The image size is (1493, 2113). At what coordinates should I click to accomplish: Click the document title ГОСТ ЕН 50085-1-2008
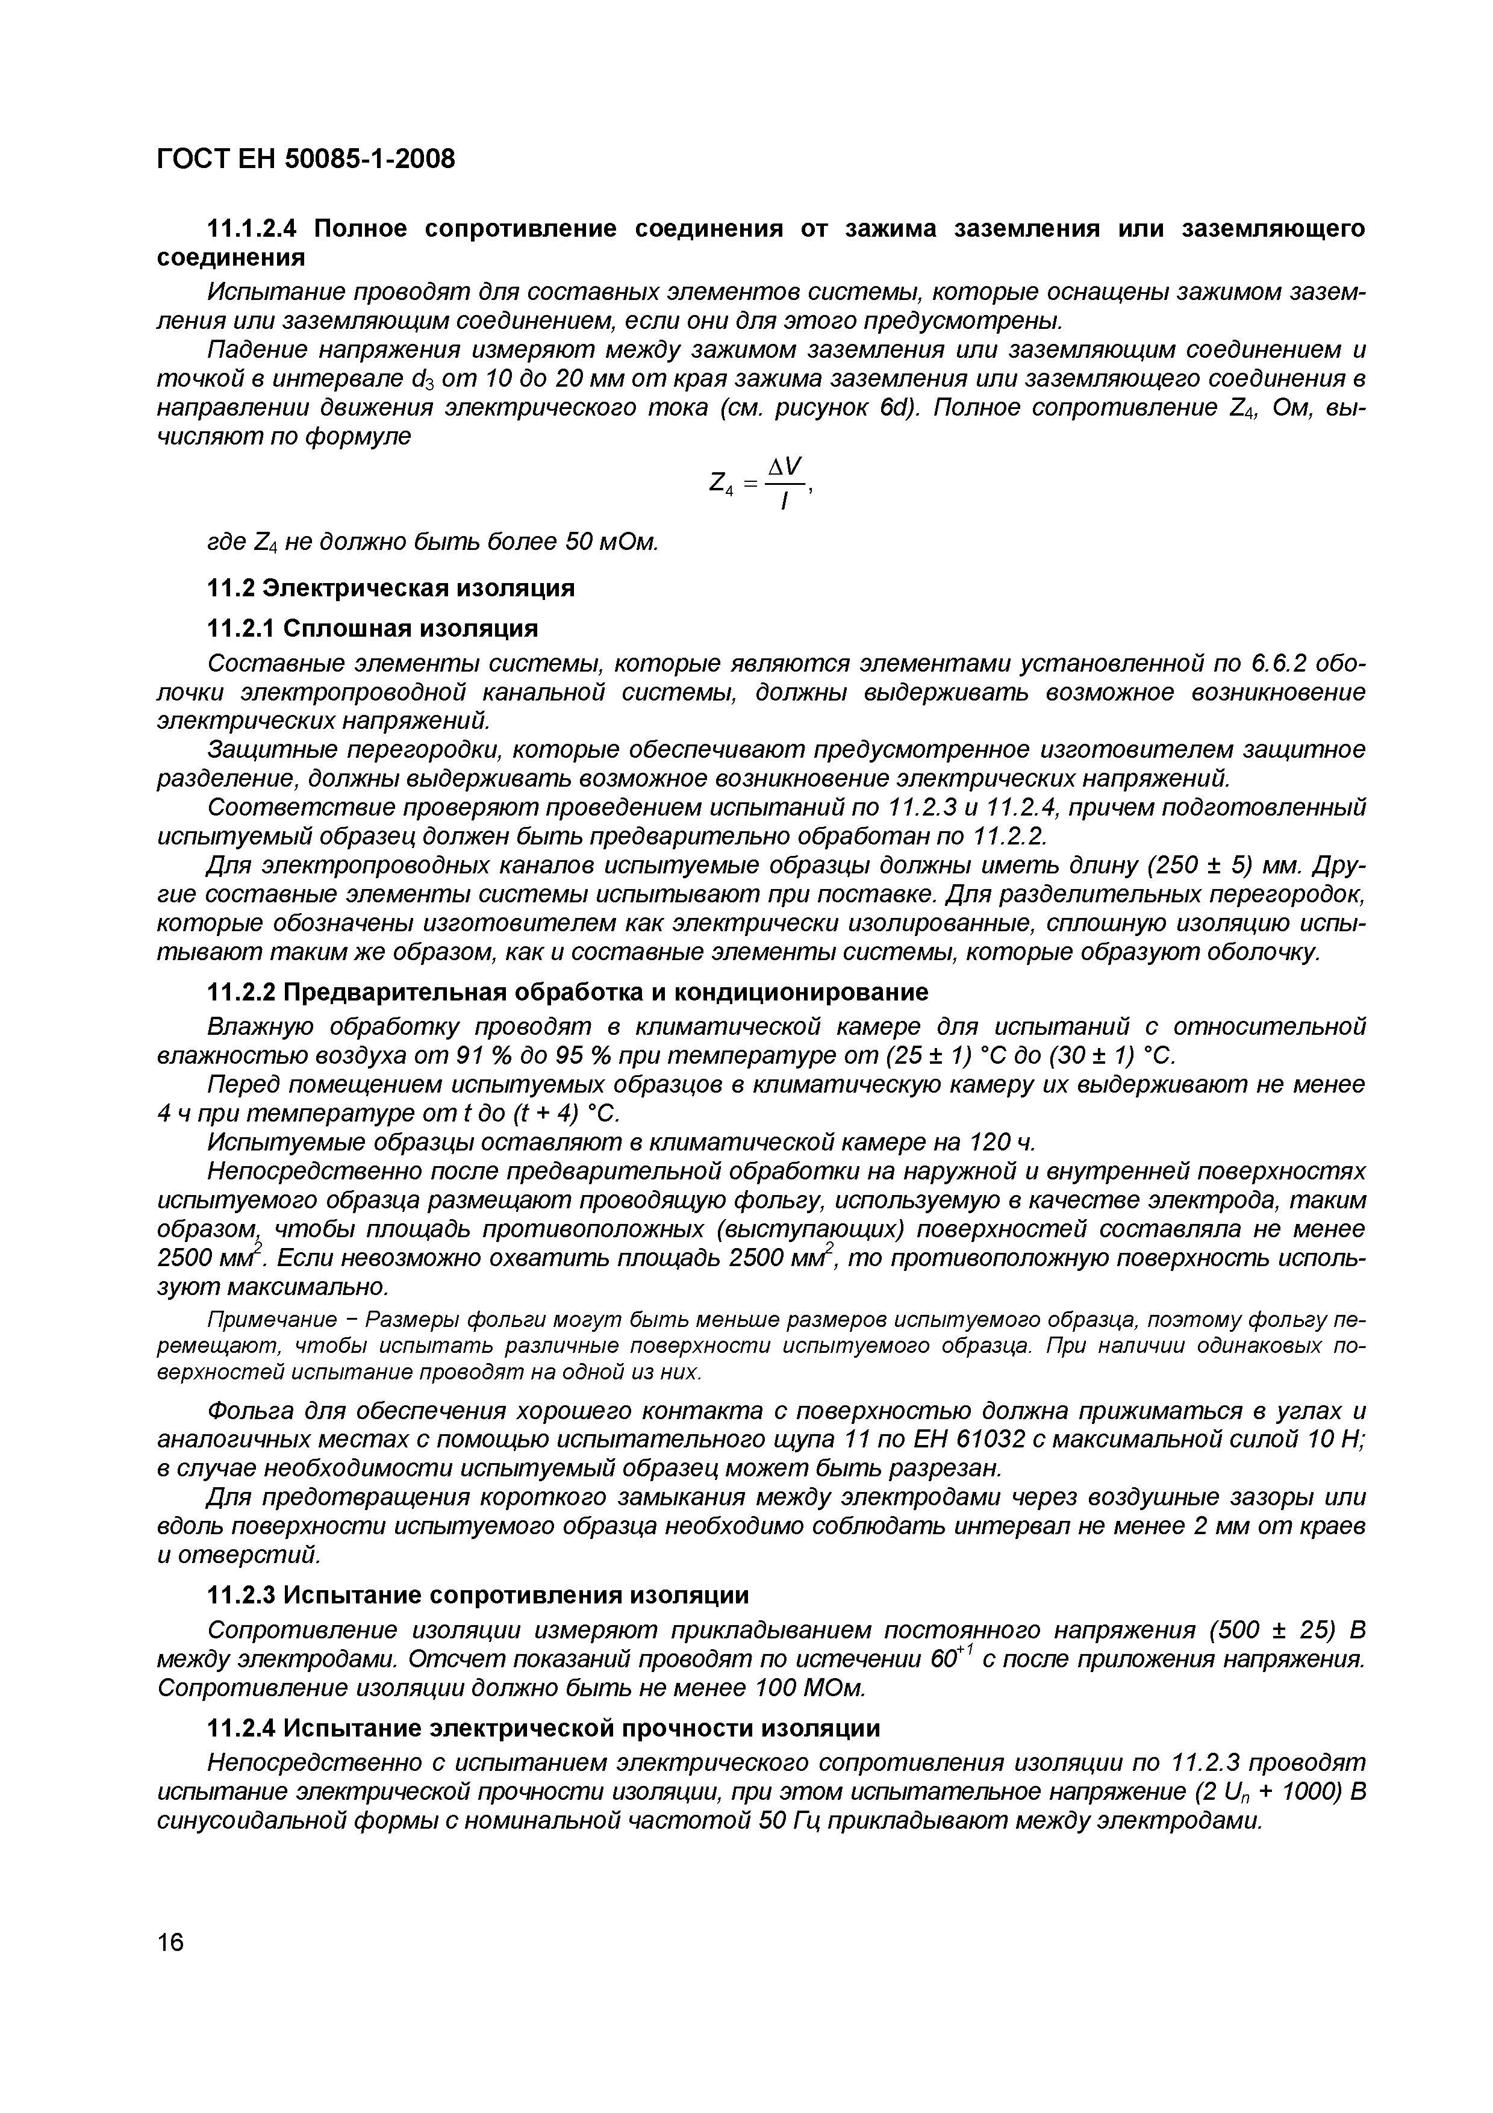point(305,159)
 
